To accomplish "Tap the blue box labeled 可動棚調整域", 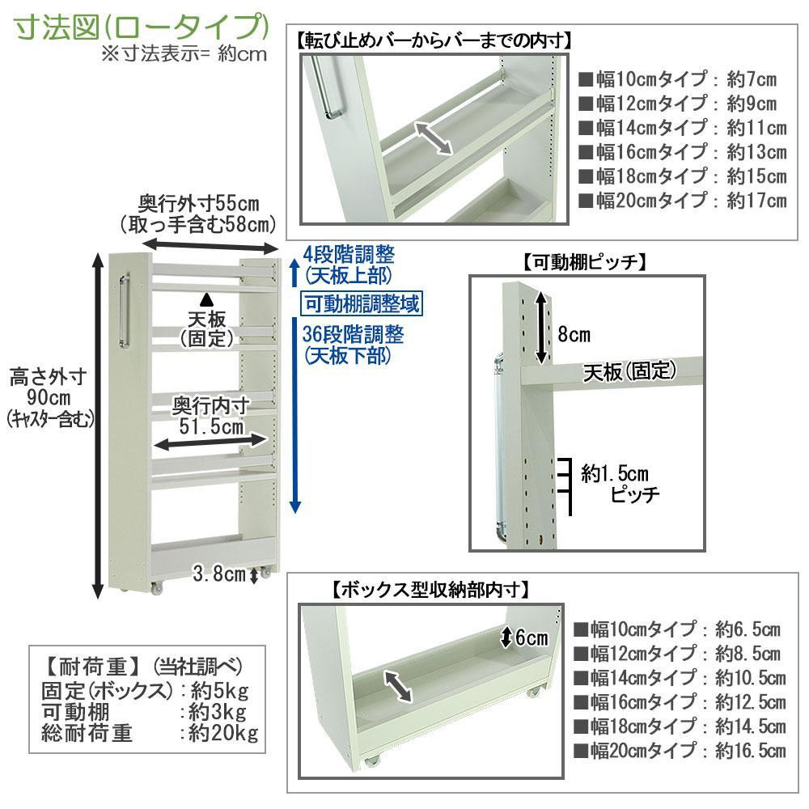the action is pyautogui.click(x=361, y=303).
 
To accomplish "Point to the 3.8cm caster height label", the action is pyautogui.click(x=218, y=574).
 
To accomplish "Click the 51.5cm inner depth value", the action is pyautogui.click(x=211, y=426).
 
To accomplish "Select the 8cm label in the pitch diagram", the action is pyautogui.click(x=574, y=334).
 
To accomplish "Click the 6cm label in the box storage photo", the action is pyautogui.click(x=532, y=637).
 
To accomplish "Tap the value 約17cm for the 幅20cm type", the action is pyautogui.click(x=757, y=200).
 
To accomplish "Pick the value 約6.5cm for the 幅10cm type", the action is pyautogui.click(x=748, y=629).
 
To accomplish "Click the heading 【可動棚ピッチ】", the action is pyautogui.click(x=585, y=263).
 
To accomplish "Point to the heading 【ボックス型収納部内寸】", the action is pyautogui.click(x=430, y=589).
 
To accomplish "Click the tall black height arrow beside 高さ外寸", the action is pyautogui.click(x=98, y=426).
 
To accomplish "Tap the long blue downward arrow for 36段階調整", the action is pyautogui.click(x=295, y=415).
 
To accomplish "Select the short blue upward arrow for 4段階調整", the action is pyautogui.click(x=294, y=273).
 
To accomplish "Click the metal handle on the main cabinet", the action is pyautogui.click(x=124, y=311).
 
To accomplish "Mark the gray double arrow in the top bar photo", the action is pyautogui.click(x=434, y=138).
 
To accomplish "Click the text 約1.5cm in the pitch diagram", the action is pyautogui.click(x=615, y=473).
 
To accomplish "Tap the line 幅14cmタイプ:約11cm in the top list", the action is pyautogui.click(x=683, y=128).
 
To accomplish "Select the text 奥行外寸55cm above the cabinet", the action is pyautogui.click(x=199, y=204).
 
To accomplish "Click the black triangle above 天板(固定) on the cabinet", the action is pyautogui.click(x=207, y=299).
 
